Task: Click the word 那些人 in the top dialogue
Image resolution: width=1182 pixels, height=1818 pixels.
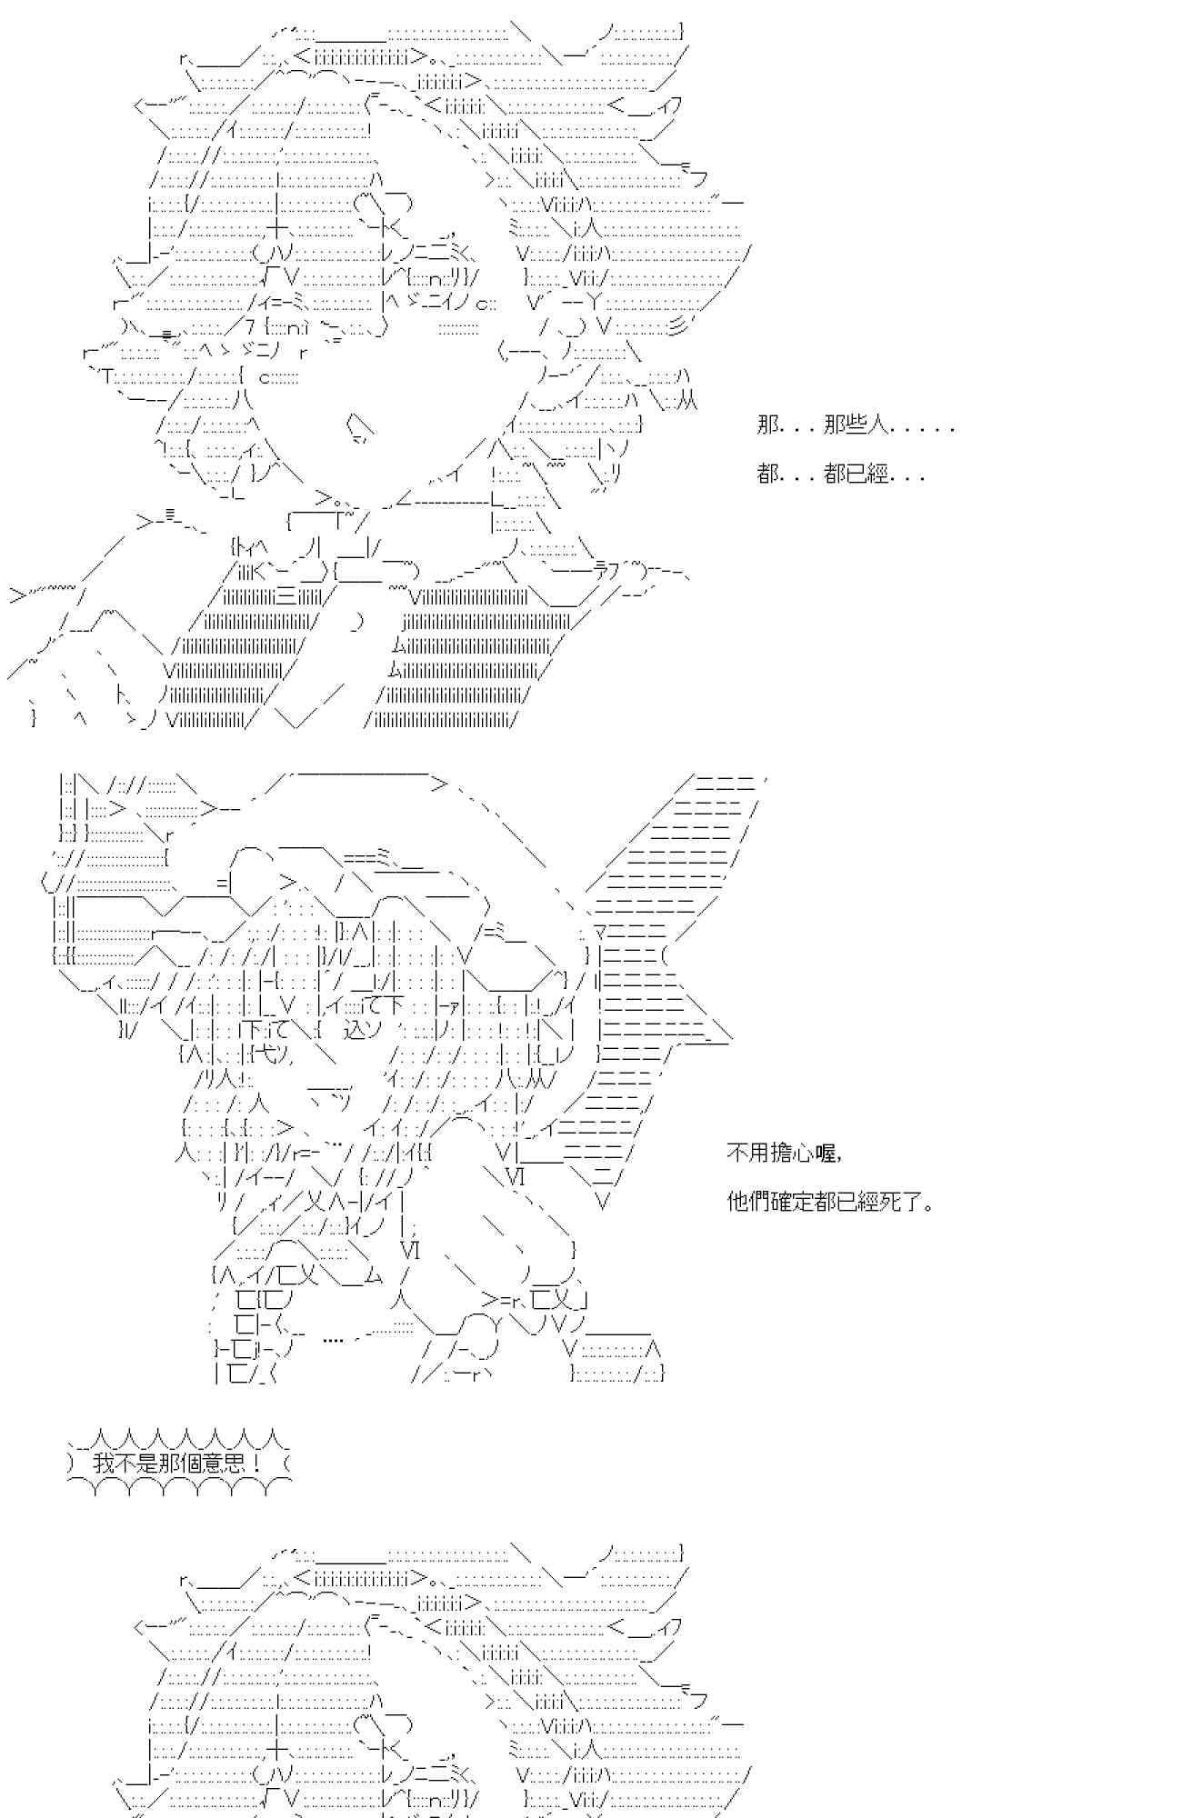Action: tap(857, 425)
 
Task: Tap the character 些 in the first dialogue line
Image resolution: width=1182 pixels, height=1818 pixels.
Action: tap(857, 425)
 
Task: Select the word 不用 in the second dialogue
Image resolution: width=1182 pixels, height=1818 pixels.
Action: tap(748, 1154)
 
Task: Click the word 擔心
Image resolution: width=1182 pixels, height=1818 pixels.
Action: tap(792, 1154)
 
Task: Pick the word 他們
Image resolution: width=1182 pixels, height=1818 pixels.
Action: tap(748, 1202)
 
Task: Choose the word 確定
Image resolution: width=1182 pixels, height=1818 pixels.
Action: tap(792, 1202)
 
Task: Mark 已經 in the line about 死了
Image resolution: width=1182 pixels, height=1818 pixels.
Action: tap(857, 1202)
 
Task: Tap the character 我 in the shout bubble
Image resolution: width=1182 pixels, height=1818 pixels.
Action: tap(104, 1464)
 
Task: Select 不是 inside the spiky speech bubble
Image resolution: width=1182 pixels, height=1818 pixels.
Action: tap(136, 1464)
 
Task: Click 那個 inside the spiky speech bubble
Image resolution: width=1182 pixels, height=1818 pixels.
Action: tap(180, 1464)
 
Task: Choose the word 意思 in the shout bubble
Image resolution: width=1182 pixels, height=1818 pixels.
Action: tap(224, 1464)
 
